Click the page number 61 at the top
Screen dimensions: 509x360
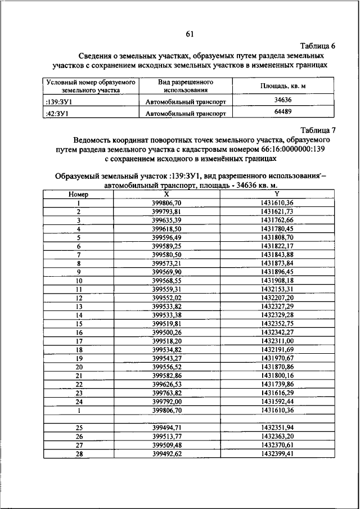coord(190,34)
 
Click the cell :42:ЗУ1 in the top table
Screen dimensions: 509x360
coord(57,113)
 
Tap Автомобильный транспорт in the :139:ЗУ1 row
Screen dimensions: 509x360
coord(186,102)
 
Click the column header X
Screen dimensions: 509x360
coord(167,193)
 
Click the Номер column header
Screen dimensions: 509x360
coord(79,193)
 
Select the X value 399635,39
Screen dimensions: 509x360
coord(167,220)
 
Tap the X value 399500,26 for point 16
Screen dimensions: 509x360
coord(167,333)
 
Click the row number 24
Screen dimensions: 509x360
coord(79,402)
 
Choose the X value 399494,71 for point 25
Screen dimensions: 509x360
coord(167,427)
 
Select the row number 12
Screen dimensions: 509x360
coord(79,298)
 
